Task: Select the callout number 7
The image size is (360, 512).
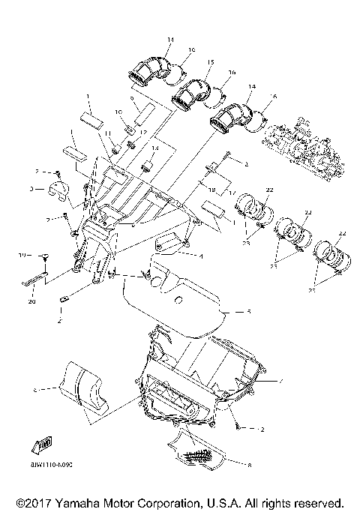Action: pyautogui.click(x=280, y=381)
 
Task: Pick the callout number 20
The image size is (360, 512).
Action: pyautogui.click(x=31, y=302)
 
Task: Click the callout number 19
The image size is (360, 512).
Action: pyautogui.click(x=22, y=256)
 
